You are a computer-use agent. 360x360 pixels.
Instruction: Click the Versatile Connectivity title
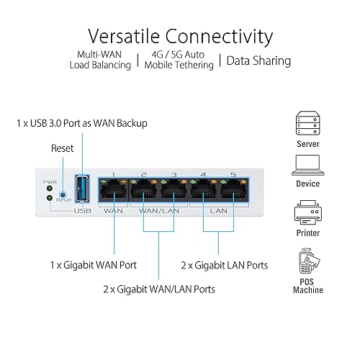(179, 35)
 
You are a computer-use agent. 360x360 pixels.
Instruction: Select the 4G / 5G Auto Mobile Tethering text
(179, 60)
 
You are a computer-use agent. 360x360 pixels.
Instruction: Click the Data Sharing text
(258, 60)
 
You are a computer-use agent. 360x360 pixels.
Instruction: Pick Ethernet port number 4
(204, 192)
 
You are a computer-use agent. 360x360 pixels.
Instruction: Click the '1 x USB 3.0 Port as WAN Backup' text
(81, 123)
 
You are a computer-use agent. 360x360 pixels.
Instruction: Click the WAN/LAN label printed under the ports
(160, 210)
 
